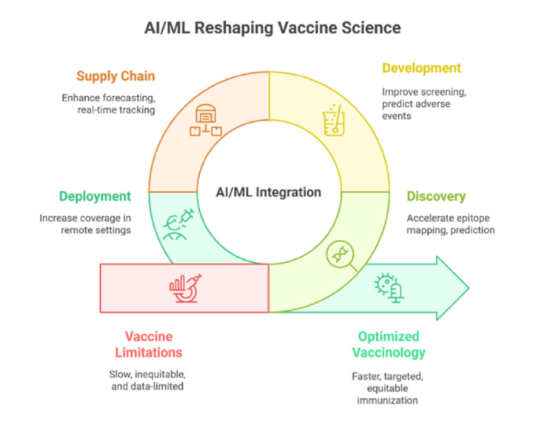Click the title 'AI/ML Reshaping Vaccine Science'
pos(272,28)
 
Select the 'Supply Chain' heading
pos(115,76)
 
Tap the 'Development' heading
pos(421,68)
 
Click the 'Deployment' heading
pos(95,197)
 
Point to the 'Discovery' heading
pos(436,197)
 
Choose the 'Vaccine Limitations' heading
pos(149,344)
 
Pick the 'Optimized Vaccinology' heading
pos(389,344)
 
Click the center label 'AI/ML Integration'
pos(269,192)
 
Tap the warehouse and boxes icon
pos(206,120)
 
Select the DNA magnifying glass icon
pos(342,256)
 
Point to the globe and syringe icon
pos(178,224)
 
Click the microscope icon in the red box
pos(186,288)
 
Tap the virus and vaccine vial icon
pos(389,288)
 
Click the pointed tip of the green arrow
pos(469,288)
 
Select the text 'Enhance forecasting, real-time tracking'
pos(108,104)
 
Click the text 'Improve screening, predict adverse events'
pos(424,104)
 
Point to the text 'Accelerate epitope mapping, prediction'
pos(451,224)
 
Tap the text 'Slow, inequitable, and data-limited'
pos(147,381)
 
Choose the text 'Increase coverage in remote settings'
pos(85,224)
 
